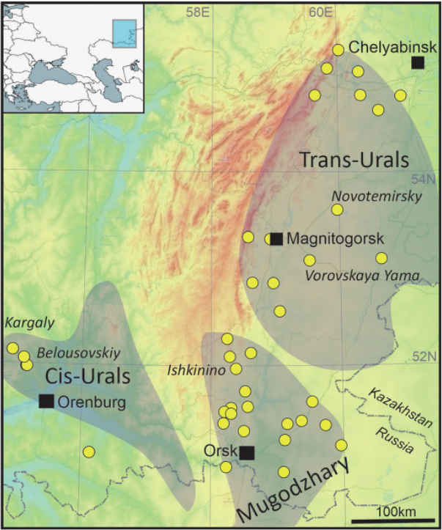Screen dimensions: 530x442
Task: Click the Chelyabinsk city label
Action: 392,47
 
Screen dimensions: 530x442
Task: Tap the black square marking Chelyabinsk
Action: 417,63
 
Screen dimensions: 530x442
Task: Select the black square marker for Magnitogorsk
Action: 276,238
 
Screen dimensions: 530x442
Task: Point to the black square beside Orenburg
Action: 47,400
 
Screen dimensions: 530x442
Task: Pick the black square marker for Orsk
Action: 247,452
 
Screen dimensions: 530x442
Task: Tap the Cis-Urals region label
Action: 88,377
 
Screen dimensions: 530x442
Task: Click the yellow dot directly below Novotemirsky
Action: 337,210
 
